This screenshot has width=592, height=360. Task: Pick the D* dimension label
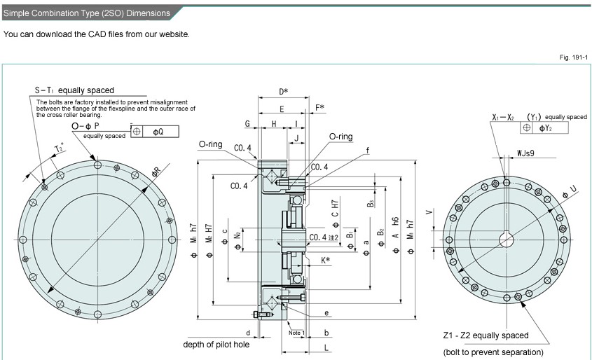point(283,92)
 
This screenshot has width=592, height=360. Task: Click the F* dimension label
point(319,107)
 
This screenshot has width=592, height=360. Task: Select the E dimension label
point(282,109)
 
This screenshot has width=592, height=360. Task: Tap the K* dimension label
point(326,260)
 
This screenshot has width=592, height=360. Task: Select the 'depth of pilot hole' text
point(216,345)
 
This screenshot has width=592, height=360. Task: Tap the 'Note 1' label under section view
point(296,332)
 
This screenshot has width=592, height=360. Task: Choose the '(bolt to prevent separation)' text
point(493,352)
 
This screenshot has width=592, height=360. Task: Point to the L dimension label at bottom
point(327,347)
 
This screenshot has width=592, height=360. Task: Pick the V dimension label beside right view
point(429,211)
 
